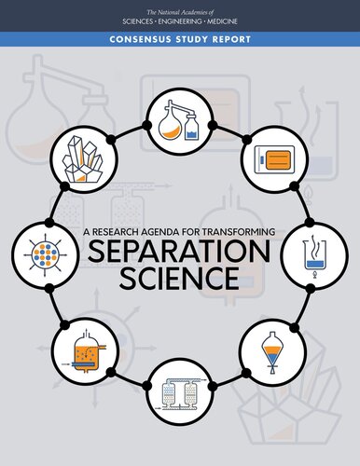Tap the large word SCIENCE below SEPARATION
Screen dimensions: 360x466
(179, 278)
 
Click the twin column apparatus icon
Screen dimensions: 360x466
(180, 391)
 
